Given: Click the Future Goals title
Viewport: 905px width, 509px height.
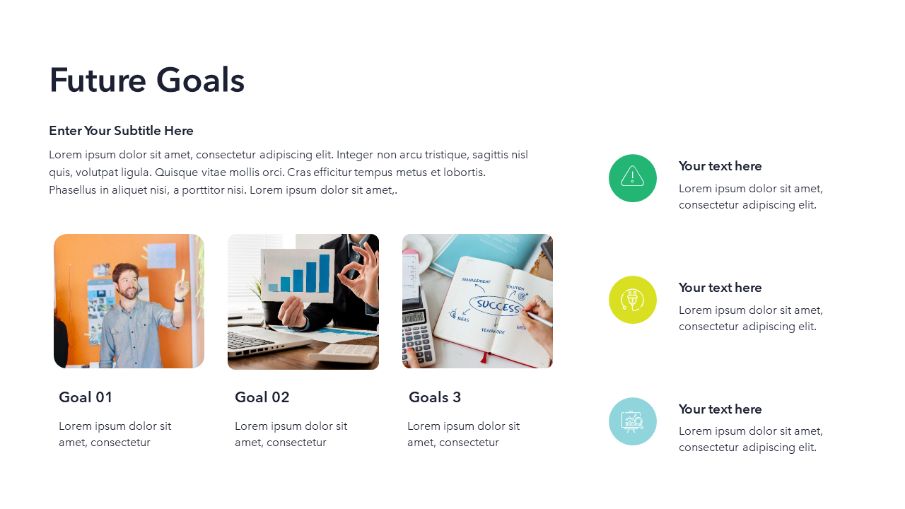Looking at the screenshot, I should [x=146, y=80].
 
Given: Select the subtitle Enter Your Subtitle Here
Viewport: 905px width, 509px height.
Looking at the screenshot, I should [x=121, y=131].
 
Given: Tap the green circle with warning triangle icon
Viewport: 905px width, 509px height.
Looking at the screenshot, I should [x=633, y=178].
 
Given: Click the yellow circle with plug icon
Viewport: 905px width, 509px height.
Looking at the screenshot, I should [x=633, y=300].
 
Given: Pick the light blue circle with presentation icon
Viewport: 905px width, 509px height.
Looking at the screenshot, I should [x=633, y=421].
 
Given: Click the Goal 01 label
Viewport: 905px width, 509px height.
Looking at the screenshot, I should [x=86, y=397].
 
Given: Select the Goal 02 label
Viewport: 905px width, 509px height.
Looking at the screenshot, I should [x=262, y=397].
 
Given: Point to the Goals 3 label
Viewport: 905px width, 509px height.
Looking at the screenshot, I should [x=435, y=397].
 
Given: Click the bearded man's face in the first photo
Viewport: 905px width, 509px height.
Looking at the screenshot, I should [x=127, y=283].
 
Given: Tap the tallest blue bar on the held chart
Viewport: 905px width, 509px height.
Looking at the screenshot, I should [x=325, y=274].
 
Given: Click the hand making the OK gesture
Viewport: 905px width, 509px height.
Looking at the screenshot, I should [x=360, y=272].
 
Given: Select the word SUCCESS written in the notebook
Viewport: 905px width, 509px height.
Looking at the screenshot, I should [x=498, y=305].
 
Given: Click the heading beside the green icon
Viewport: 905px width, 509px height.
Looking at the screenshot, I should [x=720, y=166].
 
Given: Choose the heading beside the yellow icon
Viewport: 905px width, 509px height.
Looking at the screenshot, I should [x=720, y=288].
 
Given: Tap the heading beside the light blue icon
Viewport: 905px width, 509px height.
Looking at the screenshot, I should [x=720, y=409].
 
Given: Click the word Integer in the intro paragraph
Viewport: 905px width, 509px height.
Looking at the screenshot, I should [x=356, y=155].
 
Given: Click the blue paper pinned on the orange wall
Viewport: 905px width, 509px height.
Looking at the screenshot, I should [x=161, y=255].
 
